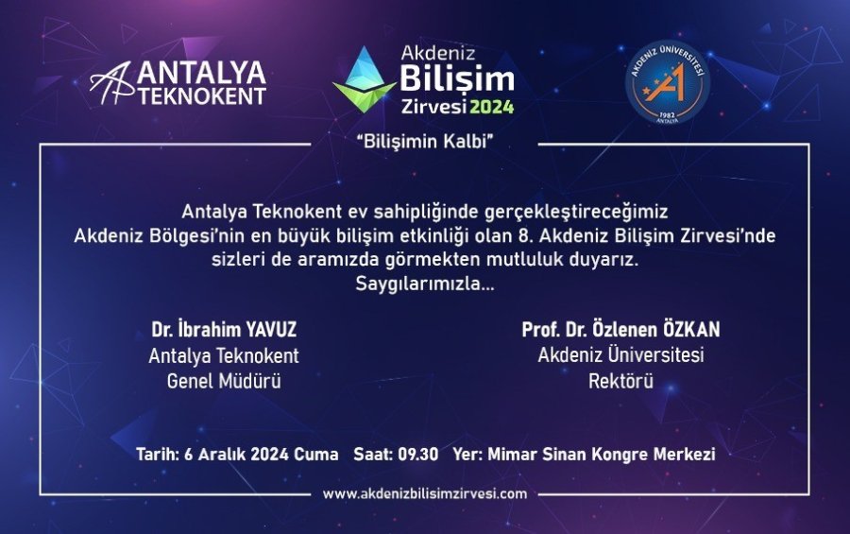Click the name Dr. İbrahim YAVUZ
pos(223,331)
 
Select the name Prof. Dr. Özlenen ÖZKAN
pos(620,331)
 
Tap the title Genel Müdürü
pos(223,381)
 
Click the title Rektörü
pos(620,381)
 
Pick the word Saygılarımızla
pos(424,283)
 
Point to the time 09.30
pos(417,455)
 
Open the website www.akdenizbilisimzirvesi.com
pos(424,493)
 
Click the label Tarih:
pos(156,455)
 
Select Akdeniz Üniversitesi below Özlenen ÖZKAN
pos(620,356)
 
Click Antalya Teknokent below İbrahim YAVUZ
pos(223,356)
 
